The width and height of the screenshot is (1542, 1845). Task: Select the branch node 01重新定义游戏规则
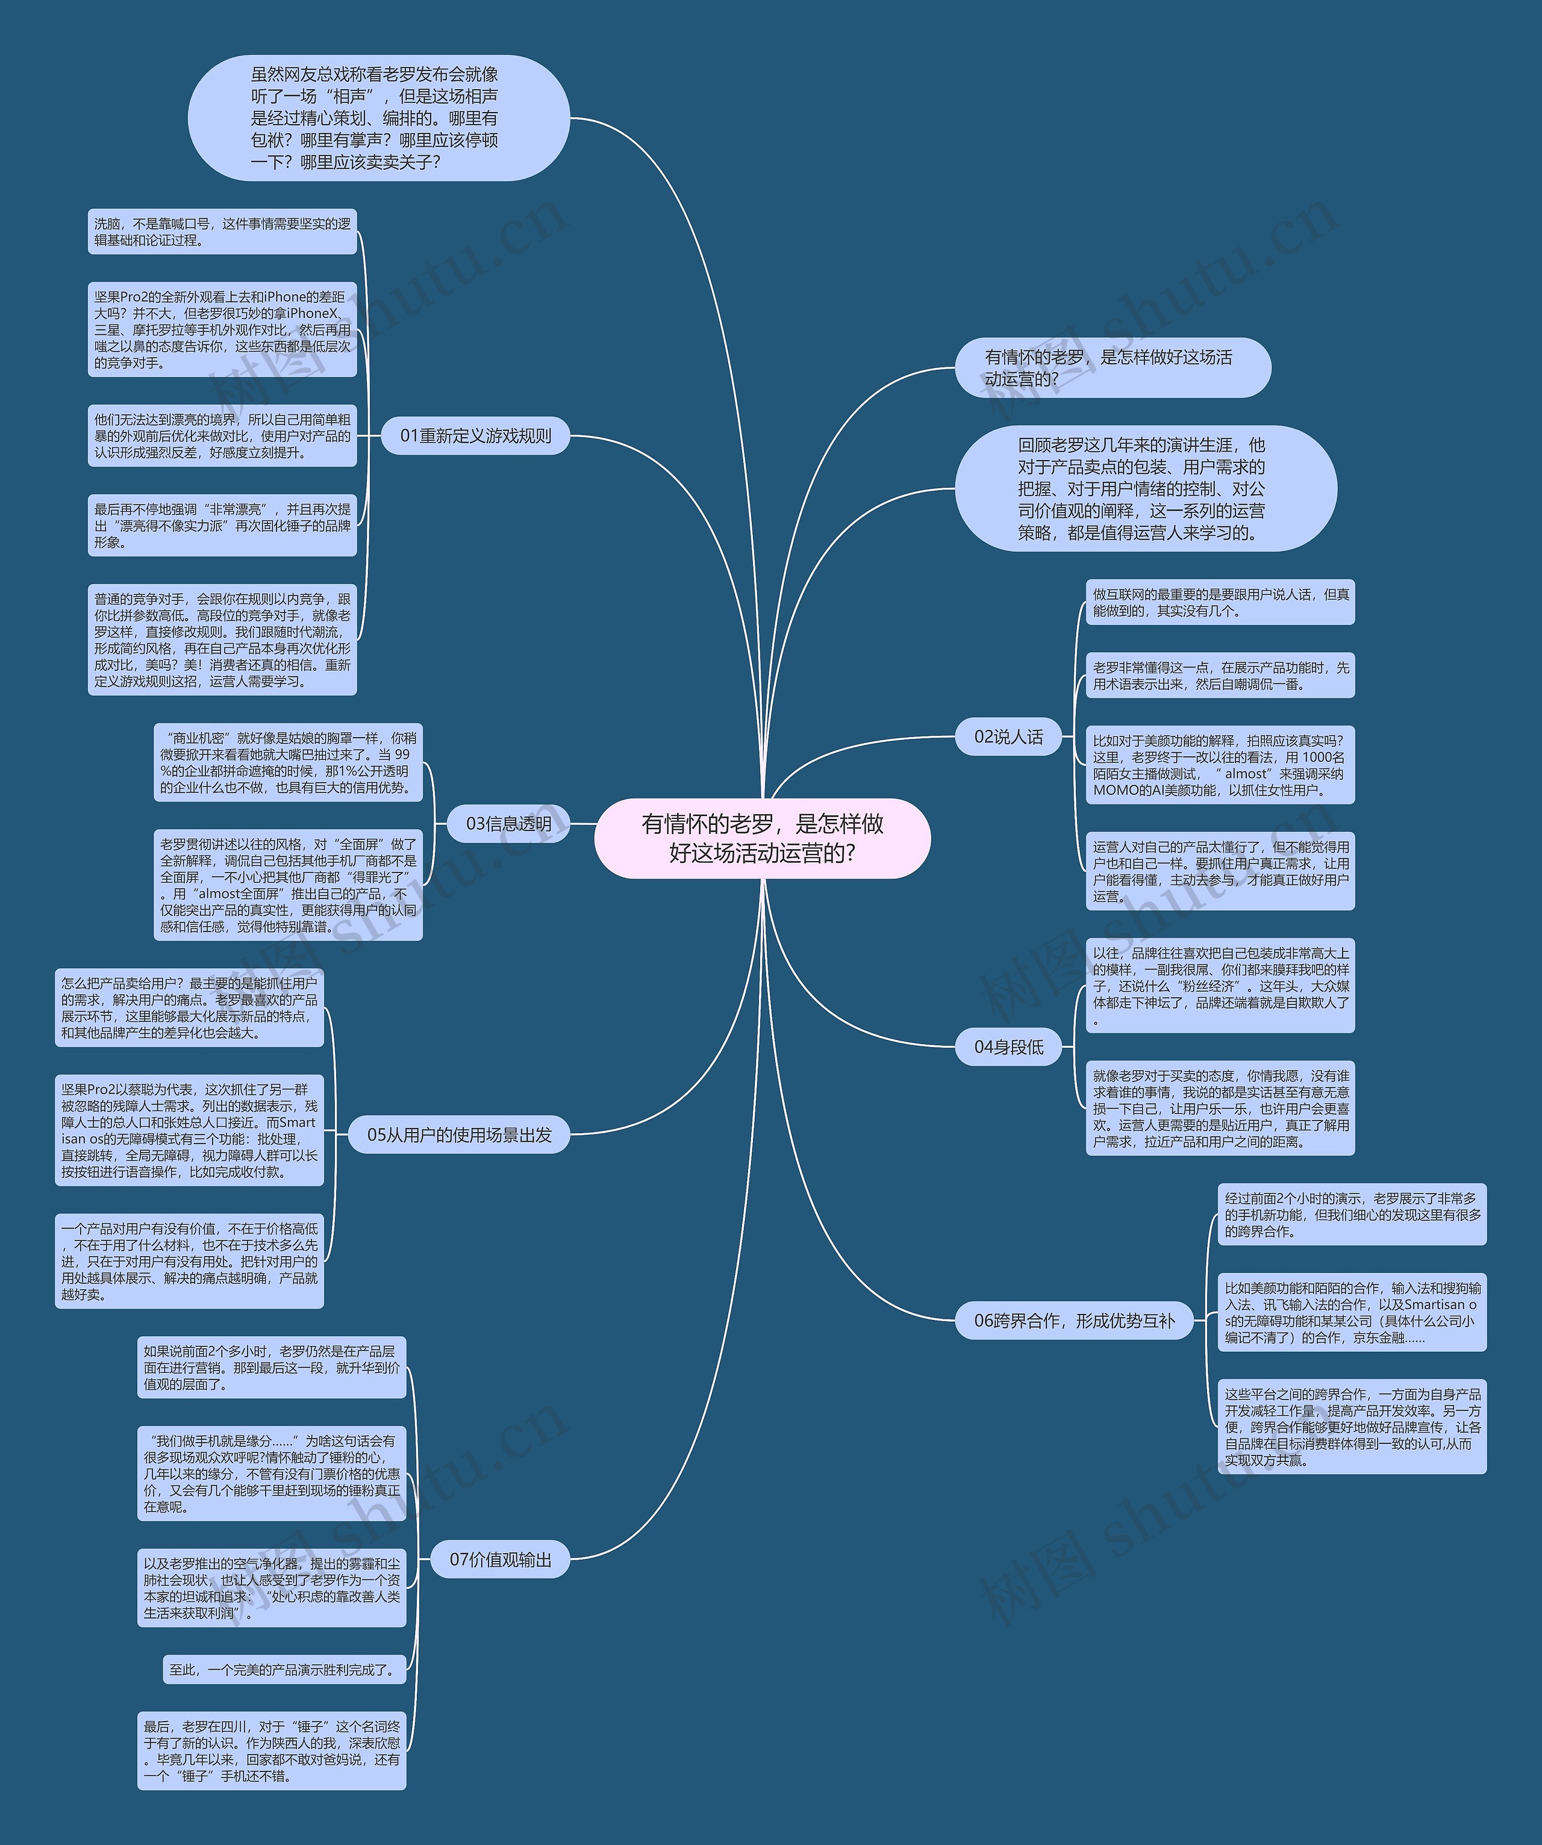tap(475, 436)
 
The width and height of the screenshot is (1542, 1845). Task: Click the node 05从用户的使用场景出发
tap(458, 1134)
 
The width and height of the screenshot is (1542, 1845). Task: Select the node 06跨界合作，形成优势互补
tap(1074, 1321)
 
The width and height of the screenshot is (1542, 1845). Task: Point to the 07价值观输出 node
tap(500, 1560)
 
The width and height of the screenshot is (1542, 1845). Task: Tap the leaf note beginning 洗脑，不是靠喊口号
tap(222, 232)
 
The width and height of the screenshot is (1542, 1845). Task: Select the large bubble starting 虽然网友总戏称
tap(379, 119)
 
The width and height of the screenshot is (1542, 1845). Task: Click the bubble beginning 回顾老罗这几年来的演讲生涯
tap(1146, 488)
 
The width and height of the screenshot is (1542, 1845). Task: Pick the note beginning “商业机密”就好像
tap(288, 762)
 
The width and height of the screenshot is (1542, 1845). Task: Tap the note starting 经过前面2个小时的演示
tap(1351, 1214)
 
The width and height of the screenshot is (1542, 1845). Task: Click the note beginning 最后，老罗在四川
tap(272, 1751)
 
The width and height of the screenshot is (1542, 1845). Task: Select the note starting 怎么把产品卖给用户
tap(189, 1008)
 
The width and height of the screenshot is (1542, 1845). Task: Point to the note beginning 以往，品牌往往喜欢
tap(1220, 985)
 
